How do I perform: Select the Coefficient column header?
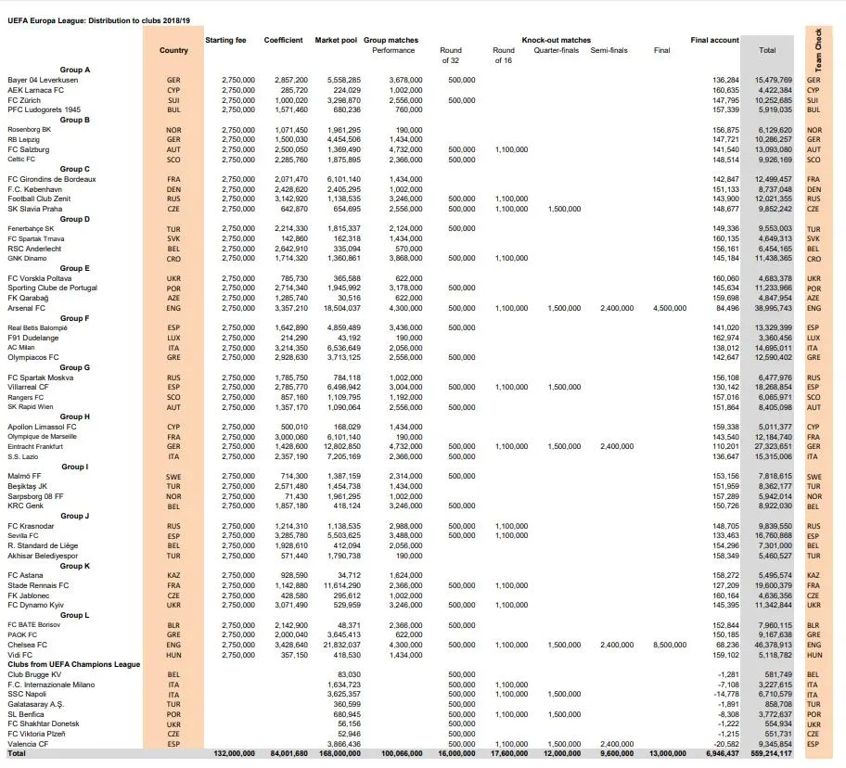[283, 41]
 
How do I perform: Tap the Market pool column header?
[335, 41]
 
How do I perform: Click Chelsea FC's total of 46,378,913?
[773, 645]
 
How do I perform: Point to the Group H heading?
[74, 417]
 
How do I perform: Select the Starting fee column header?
[226, 41]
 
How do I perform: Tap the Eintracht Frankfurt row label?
[38, 447]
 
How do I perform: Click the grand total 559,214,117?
[770, 754]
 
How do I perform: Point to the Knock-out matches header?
[556, 41]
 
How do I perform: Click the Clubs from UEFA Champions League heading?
[74, 664]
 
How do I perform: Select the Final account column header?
[715, 41]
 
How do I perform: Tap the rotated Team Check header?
[818, 51]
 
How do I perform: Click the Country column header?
[173, 50]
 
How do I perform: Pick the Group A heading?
[74, 70]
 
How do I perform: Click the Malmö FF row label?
[25, 476]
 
